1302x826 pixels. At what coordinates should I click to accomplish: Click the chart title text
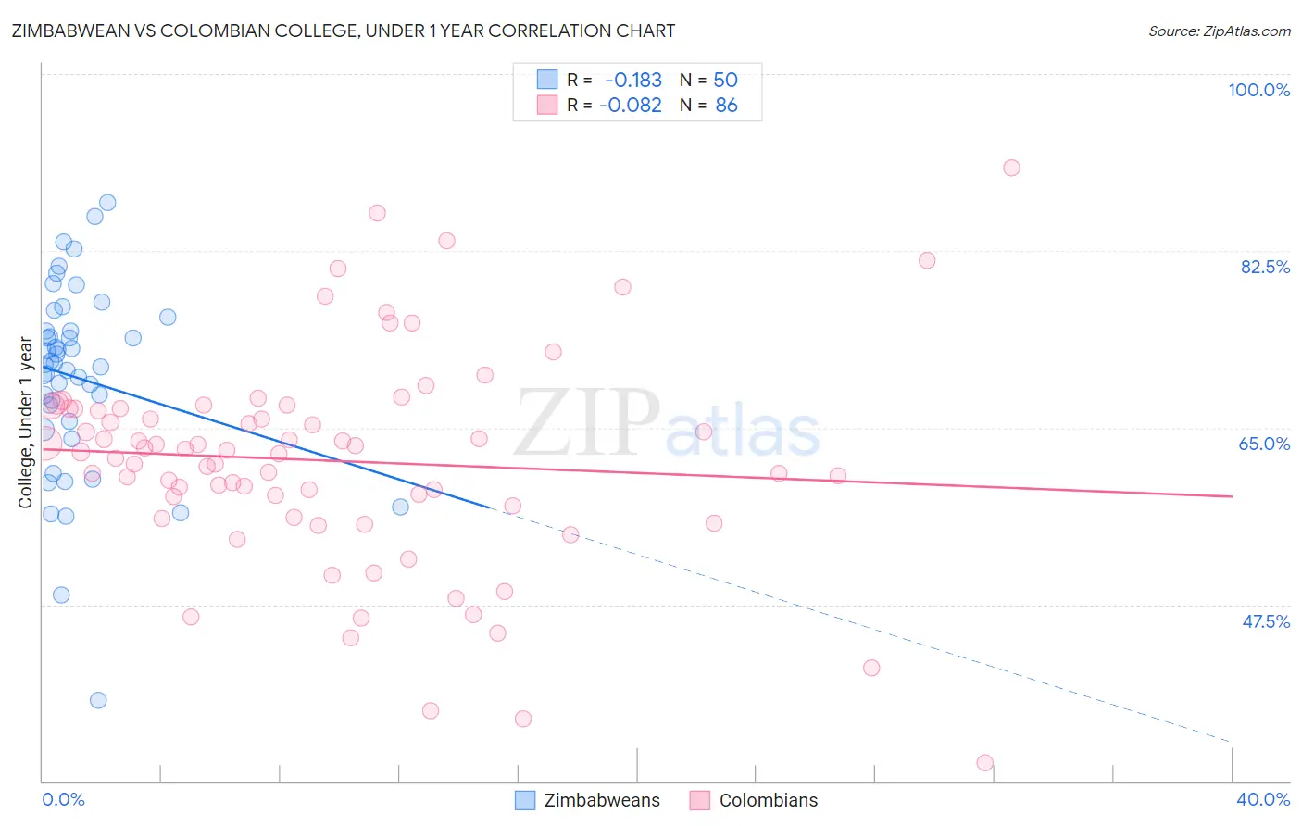pyautogui.click(x=343, y=31)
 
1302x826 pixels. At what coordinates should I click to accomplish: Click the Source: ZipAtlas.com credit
pyautogui.click(x=1219, y=31)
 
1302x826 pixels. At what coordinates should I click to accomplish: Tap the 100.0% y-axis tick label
pyautogui.click(x=1258, y=90)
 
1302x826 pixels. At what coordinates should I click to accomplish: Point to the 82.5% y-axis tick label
pyautogui.click(x=1264, y=267)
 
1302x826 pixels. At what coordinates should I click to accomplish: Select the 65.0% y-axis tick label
pyautogui.click(x=1264, y=444)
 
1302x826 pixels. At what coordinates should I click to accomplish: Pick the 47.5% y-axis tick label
pyautogui.click(x=1265, y=621)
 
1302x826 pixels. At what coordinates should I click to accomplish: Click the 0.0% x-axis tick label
pyautogui.click(x=63, y=799)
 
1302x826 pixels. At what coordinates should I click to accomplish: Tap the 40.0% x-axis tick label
pyautogui.click(x=1262, y=799)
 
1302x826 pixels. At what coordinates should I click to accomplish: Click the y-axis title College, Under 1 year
pyautogui.click(x=26, y=422)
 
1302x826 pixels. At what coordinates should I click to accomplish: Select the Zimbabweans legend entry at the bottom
pyautogui.click(x=588, y=800)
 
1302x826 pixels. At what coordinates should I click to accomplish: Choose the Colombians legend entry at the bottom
pyautogui.click(x=754, y=800)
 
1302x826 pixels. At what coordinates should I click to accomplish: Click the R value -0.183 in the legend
pyautogui.click(x=633, y=81)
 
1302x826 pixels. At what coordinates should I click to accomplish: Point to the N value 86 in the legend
pyautogui.click(x=726, y=106)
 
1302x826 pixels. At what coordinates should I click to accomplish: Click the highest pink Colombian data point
pyautogui.click(x=1011, y=168)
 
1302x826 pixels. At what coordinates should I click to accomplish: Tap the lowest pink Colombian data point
pyautogui.click(x=984, y=763)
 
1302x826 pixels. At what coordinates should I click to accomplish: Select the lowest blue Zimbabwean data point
pyautogui.click(x=98, y=700)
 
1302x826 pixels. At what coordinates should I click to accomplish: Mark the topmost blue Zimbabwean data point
pyautogui.click(x=107, y=203)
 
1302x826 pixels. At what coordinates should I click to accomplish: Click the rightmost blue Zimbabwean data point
pyautogui.click(x=400, y=507)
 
